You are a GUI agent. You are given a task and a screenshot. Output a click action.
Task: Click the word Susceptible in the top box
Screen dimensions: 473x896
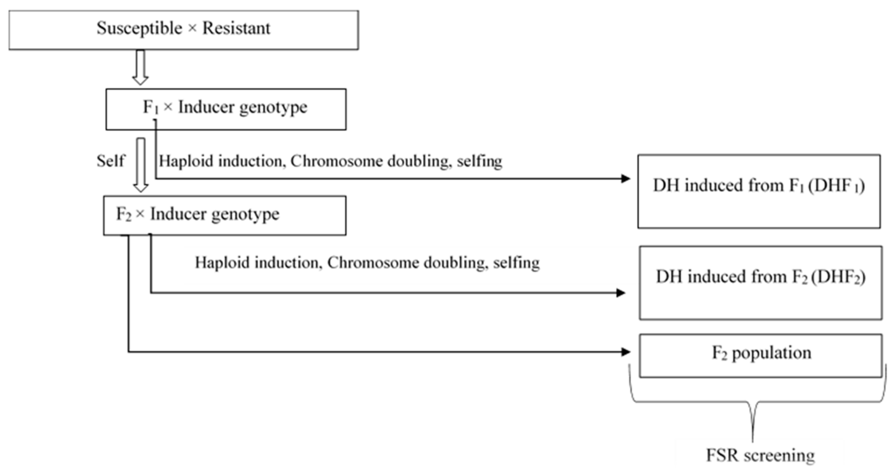tap(139, 29)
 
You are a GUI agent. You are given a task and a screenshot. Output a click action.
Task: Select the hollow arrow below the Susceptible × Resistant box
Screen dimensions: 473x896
tap(140, 68)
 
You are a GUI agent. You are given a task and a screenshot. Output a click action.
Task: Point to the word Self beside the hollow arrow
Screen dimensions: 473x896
tap(110, 161)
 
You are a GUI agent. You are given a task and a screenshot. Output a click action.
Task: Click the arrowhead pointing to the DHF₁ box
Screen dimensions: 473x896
tap(625, 179)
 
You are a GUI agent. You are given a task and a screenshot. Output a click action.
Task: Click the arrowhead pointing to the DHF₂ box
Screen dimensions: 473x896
tap(620, 293)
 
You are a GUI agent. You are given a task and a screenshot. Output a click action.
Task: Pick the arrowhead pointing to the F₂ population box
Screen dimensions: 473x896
tap(625, 352)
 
